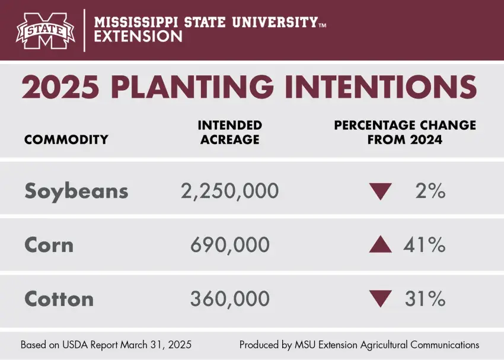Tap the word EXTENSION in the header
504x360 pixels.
point(139,36)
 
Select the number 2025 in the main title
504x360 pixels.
point(60,88)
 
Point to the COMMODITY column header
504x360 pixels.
point(66,140)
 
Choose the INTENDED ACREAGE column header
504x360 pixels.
point(229,133)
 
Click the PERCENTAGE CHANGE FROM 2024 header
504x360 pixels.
point(405,133)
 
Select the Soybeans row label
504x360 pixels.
point(76,191)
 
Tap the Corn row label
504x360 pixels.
point(49,245)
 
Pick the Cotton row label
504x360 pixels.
point(59,299)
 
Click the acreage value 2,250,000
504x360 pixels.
point(229,191)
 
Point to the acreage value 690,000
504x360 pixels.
point(230,245)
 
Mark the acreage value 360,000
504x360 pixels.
point(230,299)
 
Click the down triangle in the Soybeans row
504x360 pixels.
point(380,192)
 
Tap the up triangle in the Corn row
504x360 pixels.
point(380,244)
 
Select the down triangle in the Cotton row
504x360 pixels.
point(380,299)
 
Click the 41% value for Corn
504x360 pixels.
point(425,245)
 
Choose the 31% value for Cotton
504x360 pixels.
point(425,299)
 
